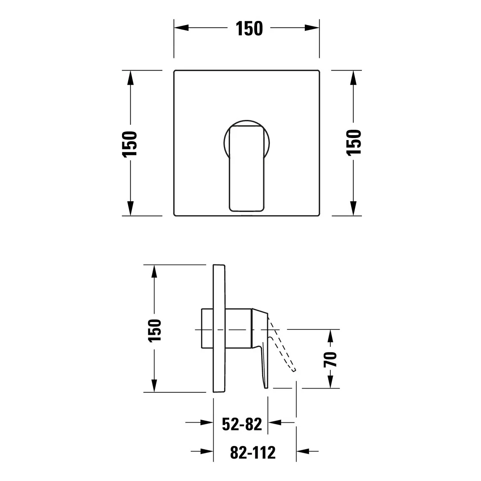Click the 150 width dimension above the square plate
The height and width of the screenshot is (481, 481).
(x=249, y=28)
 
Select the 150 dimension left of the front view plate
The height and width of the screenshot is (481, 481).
(x=129, y=144)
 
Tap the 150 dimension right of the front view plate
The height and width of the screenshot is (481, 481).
(x=354, y=143)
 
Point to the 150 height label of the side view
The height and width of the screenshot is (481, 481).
(x=154, y=330)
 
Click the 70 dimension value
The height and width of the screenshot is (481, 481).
(x=330, y=359)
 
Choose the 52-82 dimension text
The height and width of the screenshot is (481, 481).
(x=242, y=424)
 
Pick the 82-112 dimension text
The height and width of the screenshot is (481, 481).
(x=253, y=452)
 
